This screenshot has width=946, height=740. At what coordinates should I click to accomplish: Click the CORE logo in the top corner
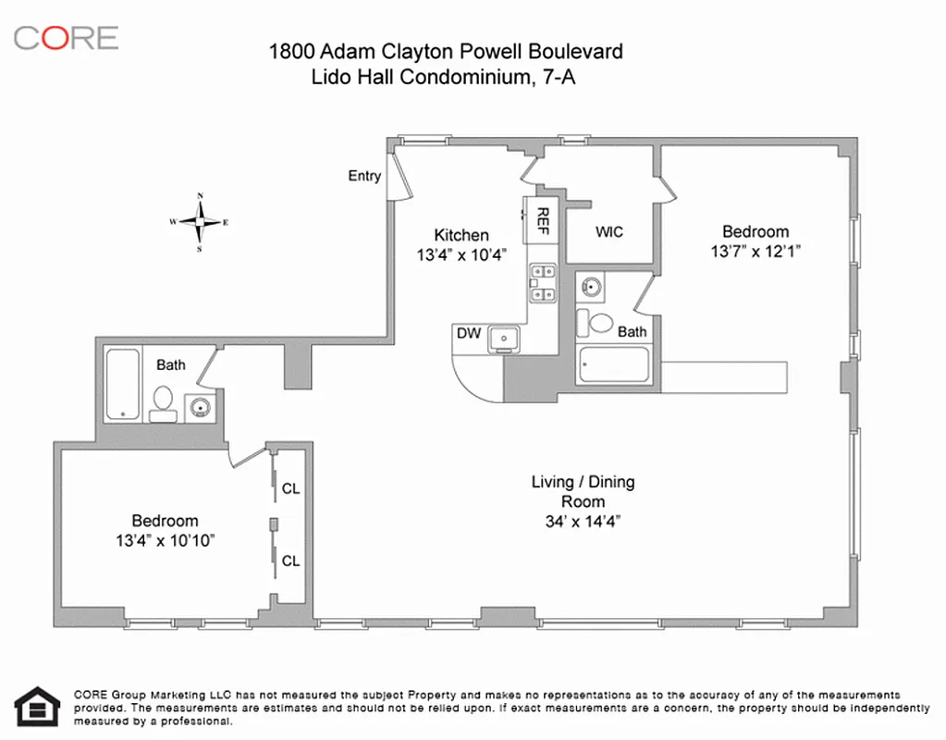(66, 38)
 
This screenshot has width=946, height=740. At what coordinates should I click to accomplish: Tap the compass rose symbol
(199, 222)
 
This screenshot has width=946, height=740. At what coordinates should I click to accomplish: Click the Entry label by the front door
(363, 176)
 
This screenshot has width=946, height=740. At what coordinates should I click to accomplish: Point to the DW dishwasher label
(469, 333)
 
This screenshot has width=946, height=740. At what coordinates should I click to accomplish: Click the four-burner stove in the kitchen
(542, 283)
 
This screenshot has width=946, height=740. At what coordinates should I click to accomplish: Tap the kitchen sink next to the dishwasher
(504, 339)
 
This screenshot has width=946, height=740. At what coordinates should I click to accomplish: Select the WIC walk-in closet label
(608, 231)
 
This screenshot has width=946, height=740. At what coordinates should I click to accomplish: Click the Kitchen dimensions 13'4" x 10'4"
(461, 255)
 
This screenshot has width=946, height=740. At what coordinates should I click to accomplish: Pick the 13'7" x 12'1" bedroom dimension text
(756, 251)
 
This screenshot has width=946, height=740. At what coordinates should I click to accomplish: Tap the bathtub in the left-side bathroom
(122, 383)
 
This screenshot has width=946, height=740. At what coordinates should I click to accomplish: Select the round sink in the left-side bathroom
(199, 405)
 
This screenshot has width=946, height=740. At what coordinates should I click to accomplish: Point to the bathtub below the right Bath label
(613, 365)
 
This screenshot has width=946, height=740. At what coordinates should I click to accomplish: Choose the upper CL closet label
(290, 488)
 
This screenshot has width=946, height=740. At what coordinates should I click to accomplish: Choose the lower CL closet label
(290, 561)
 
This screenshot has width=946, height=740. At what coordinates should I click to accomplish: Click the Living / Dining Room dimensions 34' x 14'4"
(582, 521)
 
